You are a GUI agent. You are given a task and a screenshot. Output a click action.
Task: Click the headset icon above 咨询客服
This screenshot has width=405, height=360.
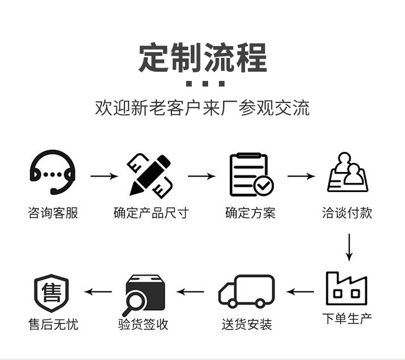click(x=52, y=172)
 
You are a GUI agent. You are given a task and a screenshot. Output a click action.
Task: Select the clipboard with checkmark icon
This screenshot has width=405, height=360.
click(x=250, y=175)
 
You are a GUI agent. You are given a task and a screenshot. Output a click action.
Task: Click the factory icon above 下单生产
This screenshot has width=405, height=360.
click(x=347, y=289)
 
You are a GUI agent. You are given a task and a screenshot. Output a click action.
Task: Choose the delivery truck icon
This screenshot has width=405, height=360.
click(x=247, y=291)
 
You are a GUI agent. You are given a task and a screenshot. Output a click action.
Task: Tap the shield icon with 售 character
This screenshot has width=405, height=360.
click(x=51, y=292)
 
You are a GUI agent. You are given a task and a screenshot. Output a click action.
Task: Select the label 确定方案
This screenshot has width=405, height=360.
click(x=250, y=213)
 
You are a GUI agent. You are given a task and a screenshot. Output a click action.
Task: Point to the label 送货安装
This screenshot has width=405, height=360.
click(x=247, y=324)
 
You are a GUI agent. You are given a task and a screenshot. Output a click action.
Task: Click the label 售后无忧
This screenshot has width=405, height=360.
click(x=53, y=324)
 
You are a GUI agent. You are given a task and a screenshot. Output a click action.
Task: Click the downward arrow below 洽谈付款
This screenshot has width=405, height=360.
click(x=349, y=247)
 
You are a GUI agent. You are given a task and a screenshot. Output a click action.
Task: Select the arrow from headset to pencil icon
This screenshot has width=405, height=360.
click(x=104, y=176)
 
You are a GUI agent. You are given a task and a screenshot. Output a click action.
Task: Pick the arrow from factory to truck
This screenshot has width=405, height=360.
click(x=300, y=292)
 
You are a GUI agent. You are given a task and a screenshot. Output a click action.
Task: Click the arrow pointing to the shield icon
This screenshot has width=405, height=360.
click(x=98, y=292)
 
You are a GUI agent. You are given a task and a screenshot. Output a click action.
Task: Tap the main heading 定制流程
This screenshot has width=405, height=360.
click(x=202, y=58)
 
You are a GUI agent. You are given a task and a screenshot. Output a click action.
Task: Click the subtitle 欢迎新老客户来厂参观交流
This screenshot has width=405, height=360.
click(x=202, y=108)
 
